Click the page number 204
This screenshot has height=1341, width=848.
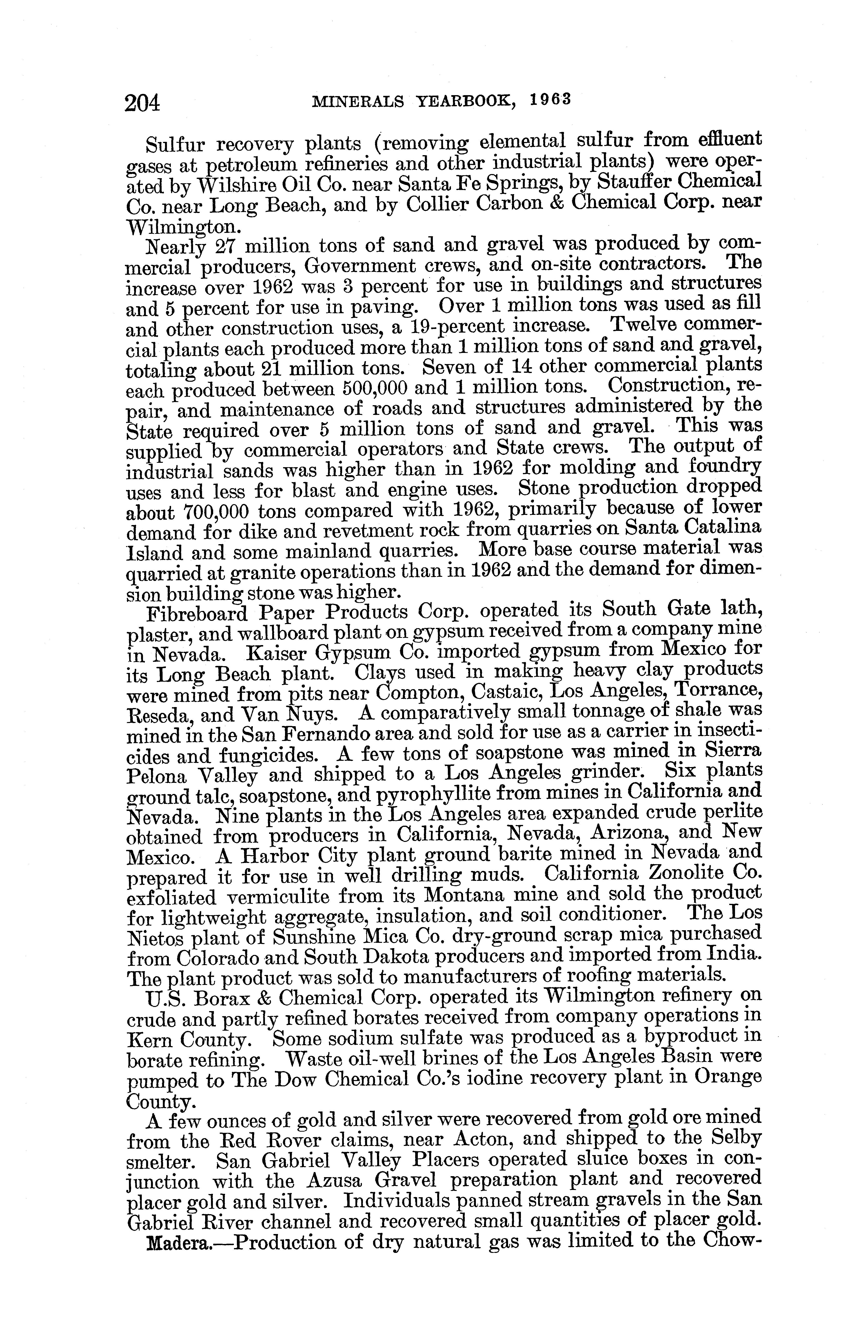point(143,104)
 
